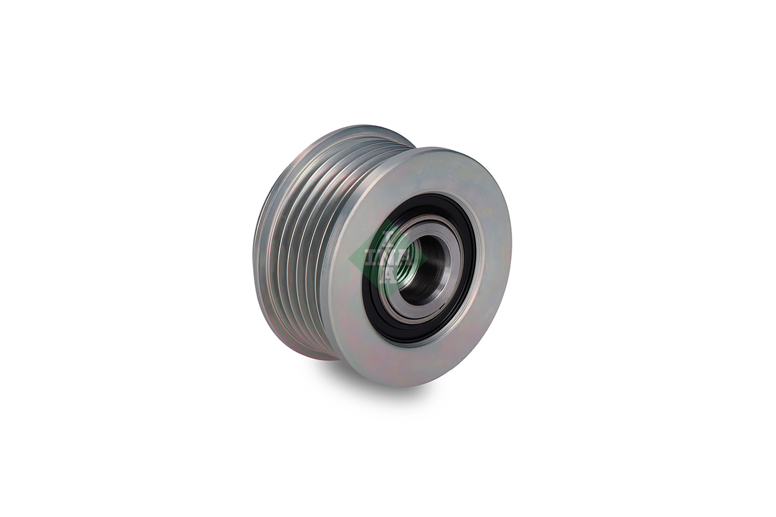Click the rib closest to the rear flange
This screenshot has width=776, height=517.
point(276,241)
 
